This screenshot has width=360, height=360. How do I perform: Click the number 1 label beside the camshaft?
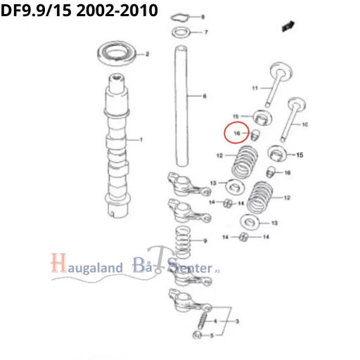point(141,140)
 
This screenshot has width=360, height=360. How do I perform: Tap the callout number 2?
point(147,54)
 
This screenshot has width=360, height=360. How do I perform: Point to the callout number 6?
point(205,96)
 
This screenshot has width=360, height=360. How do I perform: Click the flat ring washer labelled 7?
point(181,32)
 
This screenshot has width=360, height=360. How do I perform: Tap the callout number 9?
point(205,240)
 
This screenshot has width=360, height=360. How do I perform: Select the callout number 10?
point(305,124)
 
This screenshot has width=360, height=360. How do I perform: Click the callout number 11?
point(256,88)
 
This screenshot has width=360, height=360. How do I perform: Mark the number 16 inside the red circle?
point(237,132)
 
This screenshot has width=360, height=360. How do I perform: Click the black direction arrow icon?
point(287,26)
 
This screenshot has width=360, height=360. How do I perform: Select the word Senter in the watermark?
point(189,267)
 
